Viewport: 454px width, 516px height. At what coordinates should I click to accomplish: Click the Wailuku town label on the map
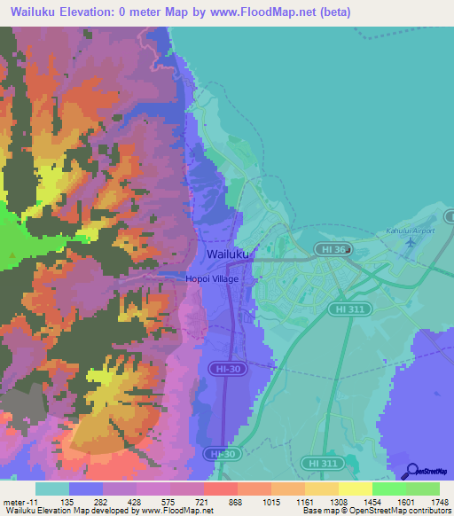pyautogui.click(x=228, y=254)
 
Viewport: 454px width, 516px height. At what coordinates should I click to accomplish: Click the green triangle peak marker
pyautogui.click(x=12, y=257)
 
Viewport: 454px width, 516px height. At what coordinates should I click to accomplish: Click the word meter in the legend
pyautogui.click(x=13, y=501)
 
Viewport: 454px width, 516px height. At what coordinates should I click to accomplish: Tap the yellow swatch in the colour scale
pyautogui.click(x=355, y=489)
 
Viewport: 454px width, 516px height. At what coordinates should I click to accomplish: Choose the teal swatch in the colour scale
pyautogui.click(x=52, y=489)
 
